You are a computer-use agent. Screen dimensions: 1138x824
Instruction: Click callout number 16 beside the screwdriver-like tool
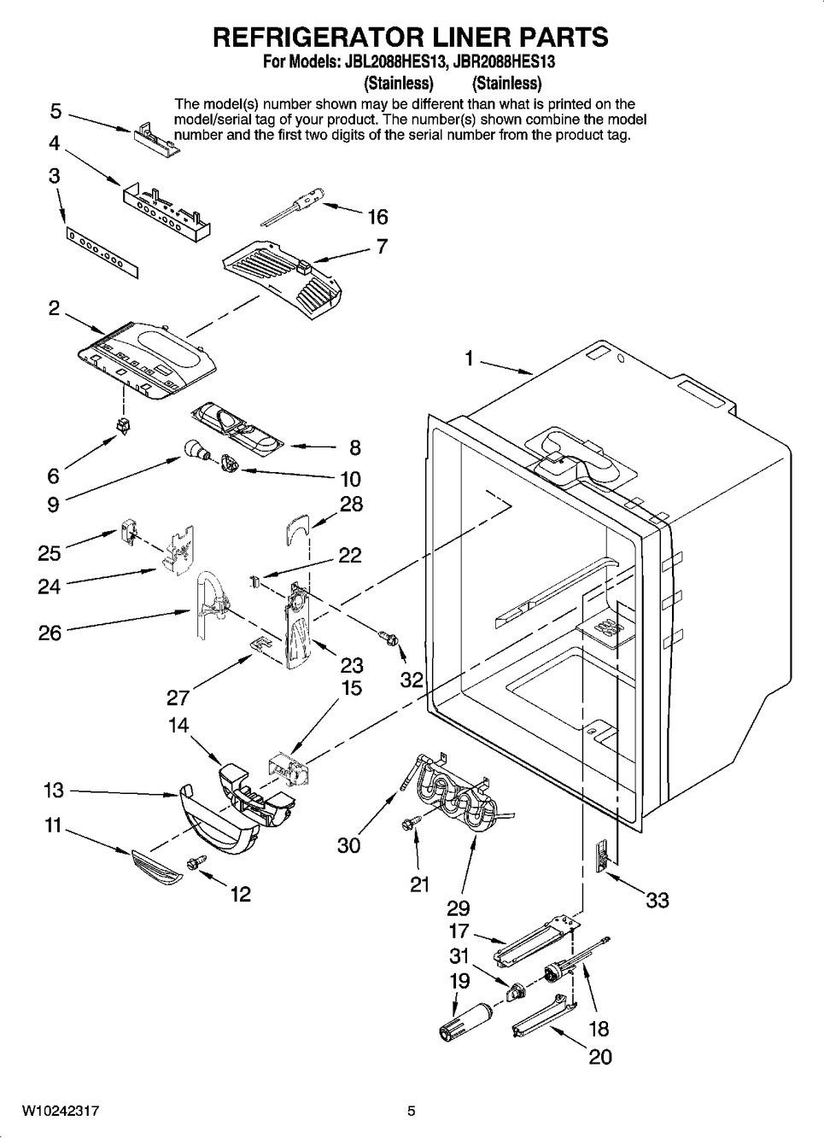[377, 217]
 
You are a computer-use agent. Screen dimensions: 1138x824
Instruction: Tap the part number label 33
[657, 900]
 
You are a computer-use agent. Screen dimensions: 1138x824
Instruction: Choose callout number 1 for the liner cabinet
[469, 359]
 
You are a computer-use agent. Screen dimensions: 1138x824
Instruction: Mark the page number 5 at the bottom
[412, 1111]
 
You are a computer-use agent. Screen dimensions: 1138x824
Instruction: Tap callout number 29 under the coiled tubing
[458, 907]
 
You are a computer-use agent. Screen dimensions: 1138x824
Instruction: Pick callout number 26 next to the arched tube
[50, 633]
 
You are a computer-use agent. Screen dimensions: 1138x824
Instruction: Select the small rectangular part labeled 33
[601, 854]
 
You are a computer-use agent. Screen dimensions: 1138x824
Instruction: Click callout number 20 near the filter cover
[600, 1056]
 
